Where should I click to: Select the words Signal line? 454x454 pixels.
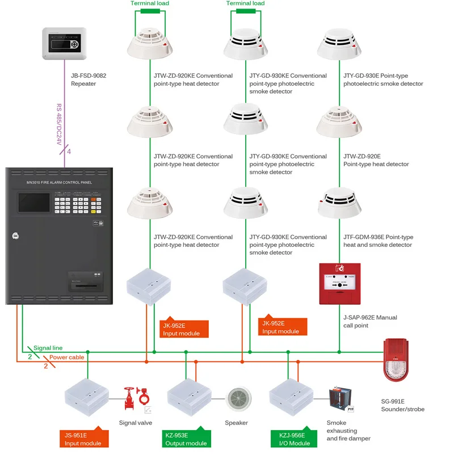[48, 348]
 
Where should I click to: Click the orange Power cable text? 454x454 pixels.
[67, 358]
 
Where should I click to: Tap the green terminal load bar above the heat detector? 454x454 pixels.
[150, 10]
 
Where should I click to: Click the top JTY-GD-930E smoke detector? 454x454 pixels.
[339, 43]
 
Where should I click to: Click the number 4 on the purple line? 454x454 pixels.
[69, 152]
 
